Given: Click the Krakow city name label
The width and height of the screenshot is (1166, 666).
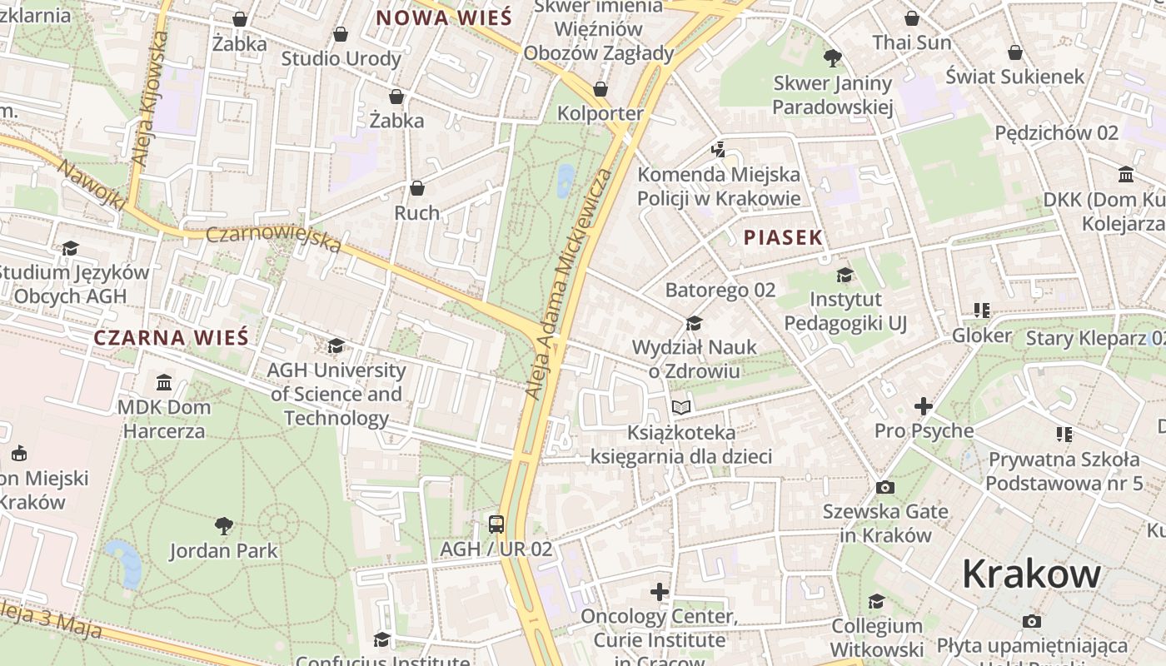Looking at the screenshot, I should (1031, 574).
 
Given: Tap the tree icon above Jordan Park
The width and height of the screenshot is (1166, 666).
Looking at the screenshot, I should (223, 525).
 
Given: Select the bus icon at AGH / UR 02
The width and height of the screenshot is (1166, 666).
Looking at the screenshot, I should (496, 524).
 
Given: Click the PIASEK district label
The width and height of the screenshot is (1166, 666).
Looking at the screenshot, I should (783, 237).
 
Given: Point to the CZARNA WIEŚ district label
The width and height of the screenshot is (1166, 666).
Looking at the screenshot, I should (171, 337).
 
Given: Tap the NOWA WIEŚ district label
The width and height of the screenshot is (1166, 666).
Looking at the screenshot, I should (442, 17).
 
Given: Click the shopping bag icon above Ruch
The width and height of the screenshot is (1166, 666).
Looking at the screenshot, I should (417, 188).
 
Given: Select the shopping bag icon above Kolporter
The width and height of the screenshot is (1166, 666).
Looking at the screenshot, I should (600, 89).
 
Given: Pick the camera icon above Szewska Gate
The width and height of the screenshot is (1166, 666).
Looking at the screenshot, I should (885, 487).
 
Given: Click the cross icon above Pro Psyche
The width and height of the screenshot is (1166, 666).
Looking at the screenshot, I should (924, 406).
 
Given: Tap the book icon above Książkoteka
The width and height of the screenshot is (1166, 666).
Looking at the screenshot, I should (681, 408).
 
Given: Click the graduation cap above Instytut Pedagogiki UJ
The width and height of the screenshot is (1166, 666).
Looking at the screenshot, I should (845, 275).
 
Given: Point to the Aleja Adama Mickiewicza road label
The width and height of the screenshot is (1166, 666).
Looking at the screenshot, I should (570, 283).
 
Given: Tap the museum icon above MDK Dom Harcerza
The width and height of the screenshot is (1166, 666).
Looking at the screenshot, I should (164, 383).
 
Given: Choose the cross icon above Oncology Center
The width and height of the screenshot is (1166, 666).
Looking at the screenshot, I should (660, 592).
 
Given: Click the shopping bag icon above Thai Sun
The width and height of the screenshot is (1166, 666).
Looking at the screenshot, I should (912, 18).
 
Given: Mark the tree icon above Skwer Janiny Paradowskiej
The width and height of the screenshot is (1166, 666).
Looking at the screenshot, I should (832, 57).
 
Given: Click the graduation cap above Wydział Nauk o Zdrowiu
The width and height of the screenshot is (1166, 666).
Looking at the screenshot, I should (694, 323).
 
